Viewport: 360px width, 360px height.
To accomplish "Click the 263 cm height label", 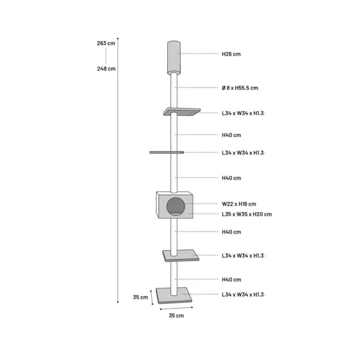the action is [106, 43].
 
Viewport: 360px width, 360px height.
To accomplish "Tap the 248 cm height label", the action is [106, 69].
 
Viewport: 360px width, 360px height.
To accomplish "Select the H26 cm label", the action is [231, 54].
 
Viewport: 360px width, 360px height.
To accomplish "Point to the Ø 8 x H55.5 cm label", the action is [240, 88].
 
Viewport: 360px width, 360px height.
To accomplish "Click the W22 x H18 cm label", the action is [239, 204].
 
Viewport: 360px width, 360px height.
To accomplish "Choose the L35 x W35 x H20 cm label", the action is [247, 214].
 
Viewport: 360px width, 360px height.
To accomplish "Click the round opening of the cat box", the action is [175, 206].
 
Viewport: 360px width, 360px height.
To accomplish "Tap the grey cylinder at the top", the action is [174, 58].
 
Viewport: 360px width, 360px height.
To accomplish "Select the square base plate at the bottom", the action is [174, 295].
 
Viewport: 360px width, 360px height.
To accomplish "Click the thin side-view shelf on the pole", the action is [166, 152].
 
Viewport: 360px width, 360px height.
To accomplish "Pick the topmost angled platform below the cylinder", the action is [182, 112].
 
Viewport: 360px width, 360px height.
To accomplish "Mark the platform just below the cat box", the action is [181, 256].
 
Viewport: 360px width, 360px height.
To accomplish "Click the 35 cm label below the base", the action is [176, 316].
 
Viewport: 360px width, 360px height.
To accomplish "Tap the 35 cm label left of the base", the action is [140, 297].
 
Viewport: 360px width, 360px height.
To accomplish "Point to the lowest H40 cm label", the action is [231, 279].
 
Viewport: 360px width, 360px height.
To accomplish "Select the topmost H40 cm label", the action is [231, 135].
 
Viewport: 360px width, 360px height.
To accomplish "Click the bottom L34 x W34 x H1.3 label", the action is [243, 295].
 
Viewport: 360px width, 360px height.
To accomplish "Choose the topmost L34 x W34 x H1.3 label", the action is [243, 113].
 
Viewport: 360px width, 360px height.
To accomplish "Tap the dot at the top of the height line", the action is [118, 38].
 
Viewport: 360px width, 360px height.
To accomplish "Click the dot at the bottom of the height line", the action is [118, 302].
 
